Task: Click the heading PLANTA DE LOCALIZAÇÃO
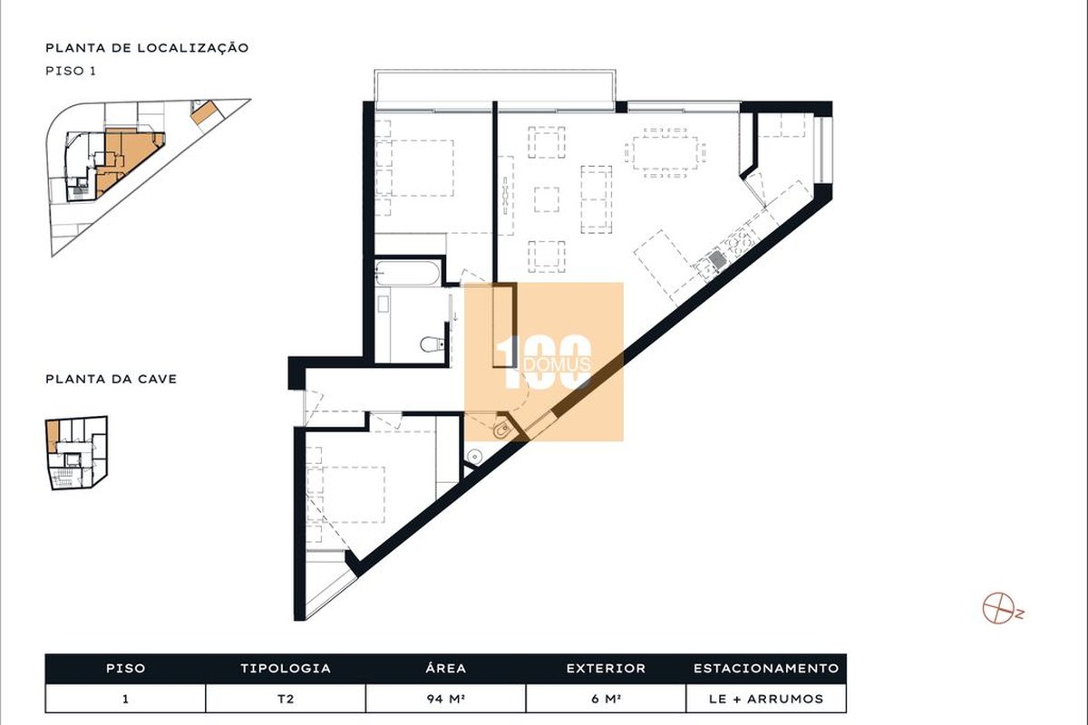147,48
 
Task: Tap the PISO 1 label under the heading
71,71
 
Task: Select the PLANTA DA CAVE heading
112,379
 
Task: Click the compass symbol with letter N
1003,607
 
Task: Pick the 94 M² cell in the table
446,699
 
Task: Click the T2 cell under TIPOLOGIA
286,699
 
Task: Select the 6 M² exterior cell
606,699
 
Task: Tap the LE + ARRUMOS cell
766,699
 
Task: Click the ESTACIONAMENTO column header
766,668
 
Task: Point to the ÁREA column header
446,668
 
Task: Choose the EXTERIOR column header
606,668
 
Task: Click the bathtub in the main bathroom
407,274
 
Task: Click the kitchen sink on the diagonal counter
716,259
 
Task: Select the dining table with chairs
665,153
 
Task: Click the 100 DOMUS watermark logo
544,362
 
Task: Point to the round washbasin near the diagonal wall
474,456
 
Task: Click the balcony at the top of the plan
495,86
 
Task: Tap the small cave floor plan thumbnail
77,452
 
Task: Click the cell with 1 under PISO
125,699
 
